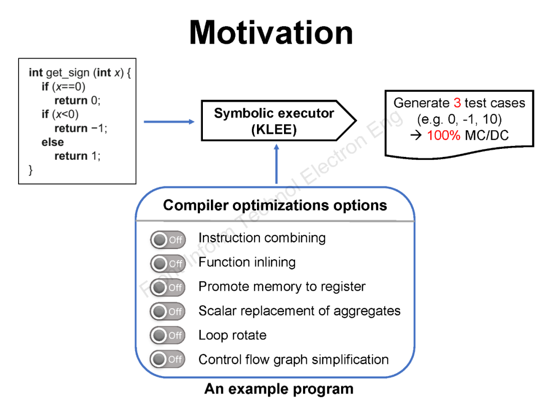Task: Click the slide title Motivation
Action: (271, 33)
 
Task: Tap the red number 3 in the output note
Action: (457, 103)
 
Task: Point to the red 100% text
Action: (443, 135)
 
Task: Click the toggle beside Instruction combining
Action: (167, 240)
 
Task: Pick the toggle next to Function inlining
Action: (167, 263)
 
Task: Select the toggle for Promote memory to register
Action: (167, 287)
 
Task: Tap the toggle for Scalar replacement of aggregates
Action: (167, 311)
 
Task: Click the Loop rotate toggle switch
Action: (167, 335)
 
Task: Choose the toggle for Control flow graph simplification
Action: (167, 359)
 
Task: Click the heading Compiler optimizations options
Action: (275, 206)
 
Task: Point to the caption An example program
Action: (279, 389)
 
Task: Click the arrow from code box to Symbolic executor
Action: (169, 121)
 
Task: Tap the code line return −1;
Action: (81, 128)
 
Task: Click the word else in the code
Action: (53, 142)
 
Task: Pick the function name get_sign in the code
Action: (68, 73)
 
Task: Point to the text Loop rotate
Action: (232, 335)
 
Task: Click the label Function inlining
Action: (247, 262)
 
